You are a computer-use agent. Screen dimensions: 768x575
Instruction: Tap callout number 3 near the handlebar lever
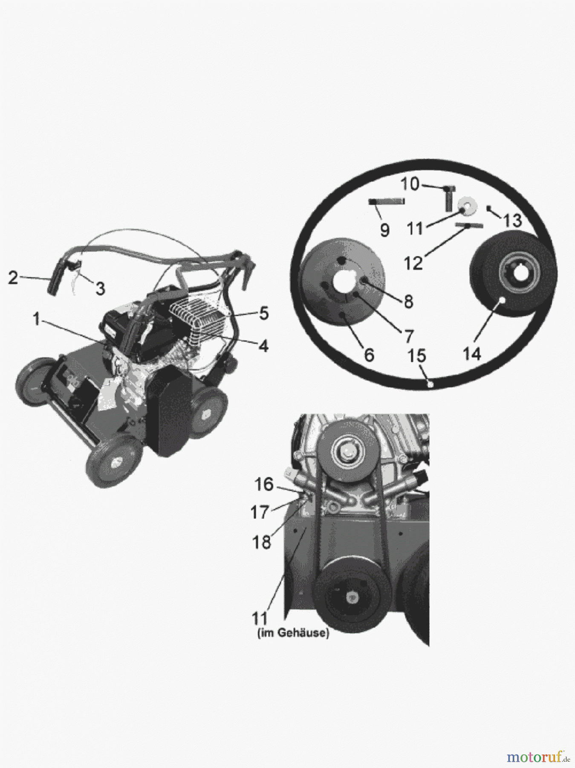pyautogui.click(x=100, y=289)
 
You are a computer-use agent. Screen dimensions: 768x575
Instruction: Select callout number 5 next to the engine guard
pyautogui.click(x=263, y=314)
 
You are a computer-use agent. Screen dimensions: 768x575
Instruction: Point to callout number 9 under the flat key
pyautogui.click(x=384, y=230)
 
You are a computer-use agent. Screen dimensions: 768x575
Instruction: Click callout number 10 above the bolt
pyautogui.click(x=410, y=185)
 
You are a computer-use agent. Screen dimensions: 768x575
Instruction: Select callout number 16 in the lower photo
pyautogui.click(x=263, y=485)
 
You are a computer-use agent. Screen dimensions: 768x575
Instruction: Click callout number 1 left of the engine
pyautogui.click(x=37, y=319)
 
